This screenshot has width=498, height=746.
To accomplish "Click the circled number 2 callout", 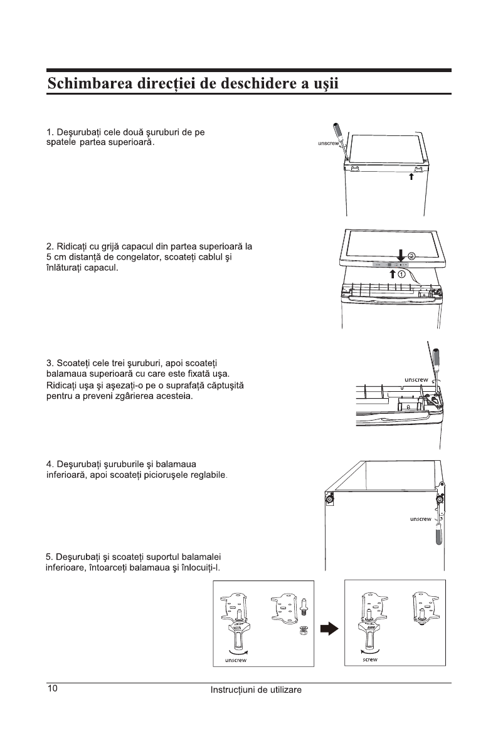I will coord(412,256).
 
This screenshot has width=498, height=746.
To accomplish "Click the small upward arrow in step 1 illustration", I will coord(411,177).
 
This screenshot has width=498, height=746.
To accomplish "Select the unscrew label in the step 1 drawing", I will coord(328,144).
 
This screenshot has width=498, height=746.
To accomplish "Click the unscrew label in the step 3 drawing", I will coord(416,379).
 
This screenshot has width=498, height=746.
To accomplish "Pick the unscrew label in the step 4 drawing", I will coord(420,519).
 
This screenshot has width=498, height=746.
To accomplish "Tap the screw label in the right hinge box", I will coord(370,659).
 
